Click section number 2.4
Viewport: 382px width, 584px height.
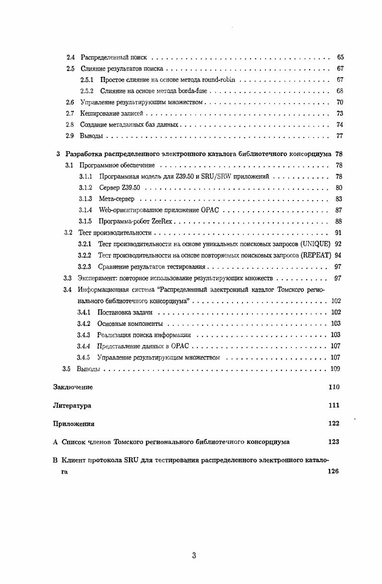70,58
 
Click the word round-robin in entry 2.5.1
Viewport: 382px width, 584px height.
220,80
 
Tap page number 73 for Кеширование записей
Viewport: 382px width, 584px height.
340,114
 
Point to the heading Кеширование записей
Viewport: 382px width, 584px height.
111,114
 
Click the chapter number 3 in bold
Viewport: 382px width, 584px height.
58,154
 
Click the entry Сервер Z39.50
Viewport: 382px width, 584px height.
119,188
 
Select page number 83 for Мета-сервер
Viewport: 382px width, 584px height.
339,199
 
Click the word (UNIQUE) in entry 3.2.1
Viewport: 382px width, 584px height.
315,244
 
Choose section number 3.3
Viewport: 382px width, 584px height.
68,278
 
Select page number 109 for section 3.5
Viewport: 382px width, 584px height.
335,369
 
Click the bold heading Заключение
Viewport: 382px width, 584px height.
72,387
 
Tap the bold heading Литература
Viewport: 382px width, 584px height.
72,405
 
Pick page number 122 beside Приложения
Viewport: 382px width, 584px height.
334,424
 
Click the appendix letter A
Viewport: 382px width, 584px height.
55,442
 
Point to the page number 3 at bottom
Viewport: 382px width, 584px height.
194,556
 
